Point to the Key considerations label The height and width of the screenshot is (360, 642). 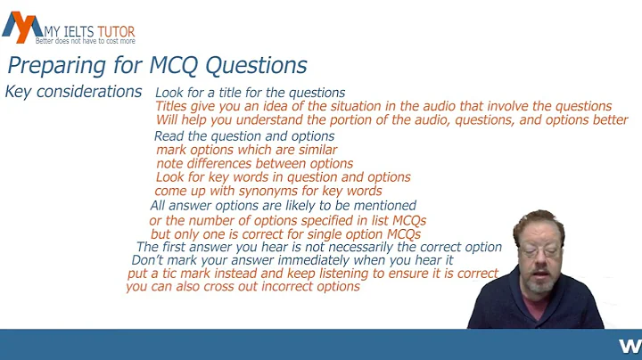pos(73,92)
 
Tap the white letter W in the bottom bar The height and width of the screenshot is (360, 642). pos(629,345)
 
